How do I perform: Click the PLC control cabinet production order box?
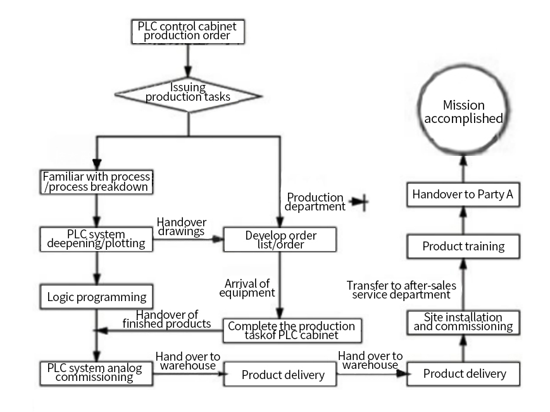coord(187,31)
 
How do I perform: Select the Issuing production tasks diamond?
coord(187,93)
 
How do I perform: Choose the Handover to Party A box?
coord(463,195)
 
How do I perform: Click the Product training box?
coord(463,246)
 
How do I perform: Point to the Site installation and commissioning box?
coord(463,322)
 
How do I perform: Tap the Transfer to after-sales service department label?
coord(401,290)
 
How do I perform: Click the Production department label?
coord(315,202)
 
